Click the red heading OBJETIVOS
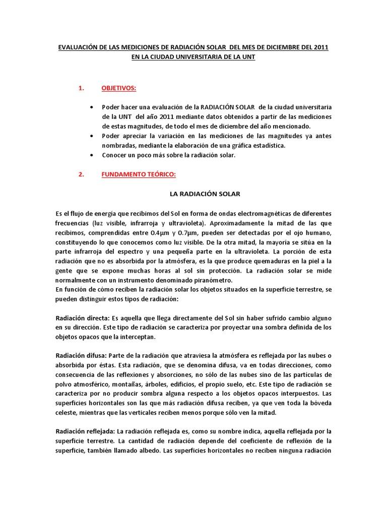pos(119,88)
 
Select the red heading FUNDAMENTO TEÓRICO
pos(138,174)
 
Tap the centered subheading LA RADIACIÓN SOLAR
pos(203,193)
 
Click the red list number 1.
pos(81,88)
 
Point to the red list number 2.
pos(81,174)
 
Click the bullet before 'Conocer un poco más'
pos(91,155)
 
